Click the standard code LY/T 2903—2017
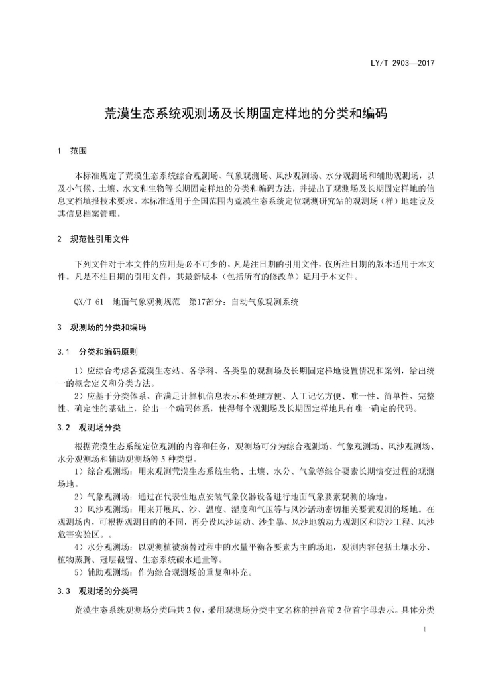click(x=406, y=64)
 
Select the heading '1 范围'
click(x=72, y=151)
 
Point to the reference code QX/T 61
click(x=89, y=302)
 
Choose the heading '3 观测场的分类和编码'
click(x=101, y=328)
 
